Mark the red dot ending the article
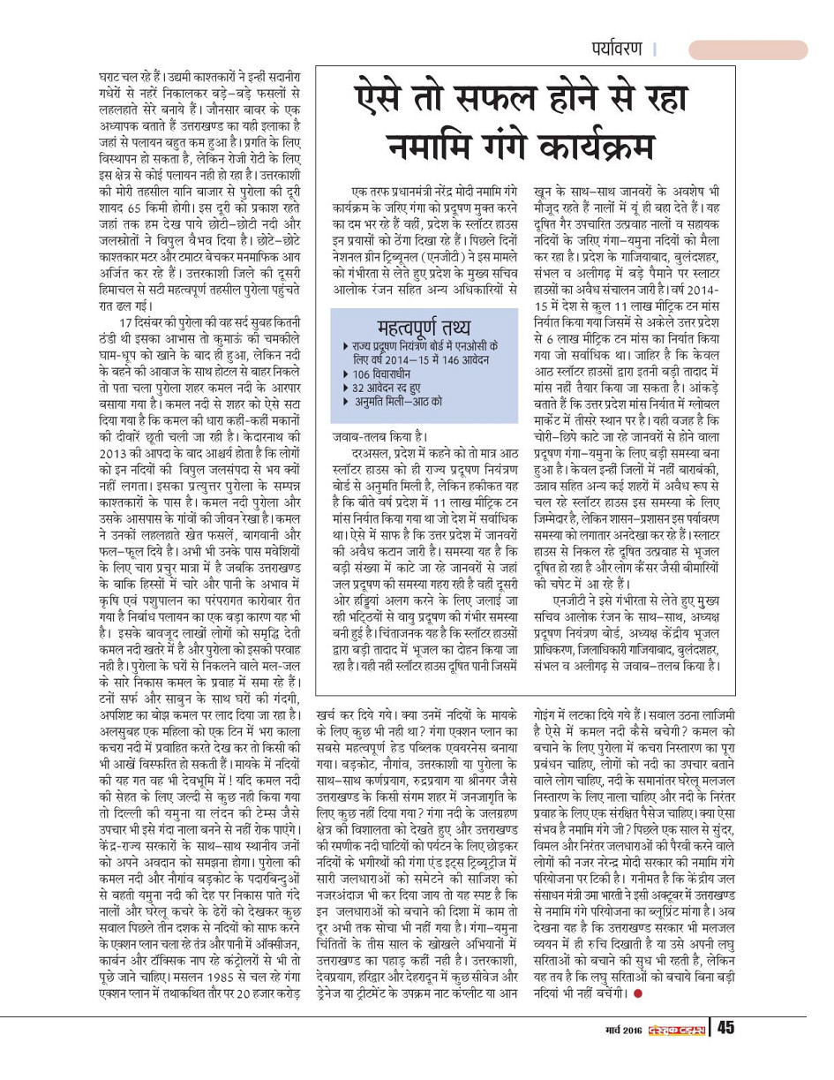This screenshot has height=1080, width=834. [637, 992]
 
